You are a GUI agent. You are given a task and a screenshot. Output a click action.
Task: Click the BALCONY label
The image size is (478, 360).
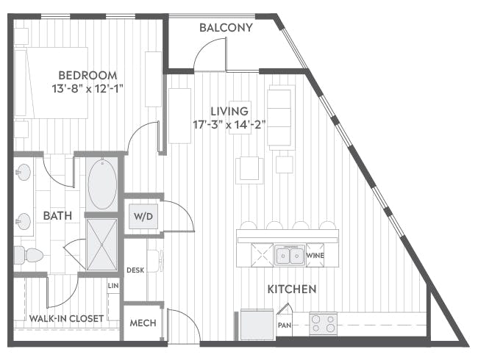(x=226, y=28)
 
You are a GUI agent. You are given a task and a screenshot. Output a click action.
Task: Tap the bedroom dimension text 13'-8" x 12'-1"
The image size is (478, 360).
(x=88, y=89)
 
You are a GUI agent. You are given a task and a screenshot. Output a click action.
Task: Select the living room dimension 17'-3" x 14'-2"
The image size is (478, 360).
(x=229, y=125)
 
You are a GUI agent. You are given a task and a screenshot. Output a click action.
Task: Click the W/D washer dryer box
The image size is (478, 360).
(x=143, y=217)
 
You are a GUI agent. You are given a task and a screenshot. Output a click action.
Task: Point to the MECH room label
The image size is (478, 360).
(x=143, y=323)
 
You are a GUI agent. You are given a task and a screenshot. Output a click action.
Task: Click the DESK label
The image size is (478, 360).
(x=135, y=270)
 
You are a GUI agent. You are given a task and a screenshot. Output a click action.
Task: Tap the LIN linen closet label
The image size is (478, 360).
(x=113, y=286)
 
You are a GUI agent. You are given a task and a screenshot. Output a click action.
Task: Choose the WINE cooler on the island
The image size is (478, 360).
(x=315, y=255)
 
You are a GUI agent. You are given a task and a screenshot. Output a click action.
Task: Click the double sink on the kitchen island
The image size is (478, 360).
(x=290, y=255)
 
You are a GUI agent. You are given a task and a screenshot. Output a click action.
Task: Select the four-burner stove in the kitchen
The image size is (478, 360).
(x=323, y=323)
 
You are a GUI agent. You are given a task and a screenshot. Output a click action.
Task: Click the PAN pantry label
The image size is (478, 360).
(x=285, y=325)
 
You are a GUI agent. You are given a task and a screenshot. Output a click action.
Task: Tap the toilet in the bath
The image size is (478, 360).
(x=29, y=255)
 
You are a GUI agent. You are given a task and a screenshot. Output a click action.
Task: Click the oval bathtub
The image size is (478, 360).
(x=102, y=184)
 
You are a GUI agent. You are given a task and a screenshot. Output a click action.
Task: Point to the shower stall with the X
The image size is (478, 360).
(x=101, y=245)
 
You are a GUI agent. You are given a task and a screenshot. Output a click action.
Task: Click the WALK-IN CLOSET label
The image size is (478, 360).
(x=66, y=319)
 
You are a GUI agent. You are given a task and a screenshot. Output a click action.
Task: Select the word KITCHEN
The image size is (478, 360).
(x=292, y=289)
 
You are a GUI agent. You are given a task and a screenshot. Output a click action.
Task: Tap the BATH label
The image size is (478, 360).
(x=57, y=216)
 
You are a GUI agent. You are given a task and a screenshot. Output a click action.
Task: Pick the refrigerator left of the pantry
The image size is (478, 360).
(x=257, y=324)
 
